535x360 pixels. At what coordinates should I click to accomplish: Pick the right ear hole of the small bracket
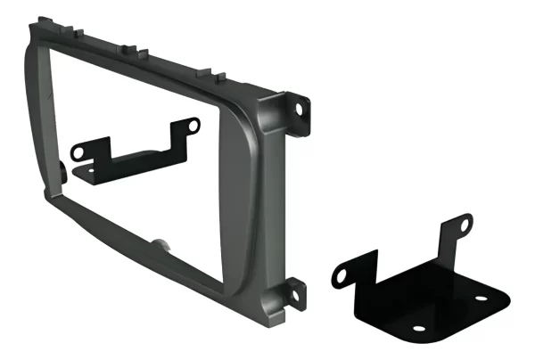188,127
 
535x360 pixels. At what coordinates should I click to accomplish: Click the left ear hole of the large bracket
343,274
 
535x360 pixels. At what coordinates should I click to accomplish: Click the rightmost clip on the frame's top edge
207,71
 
